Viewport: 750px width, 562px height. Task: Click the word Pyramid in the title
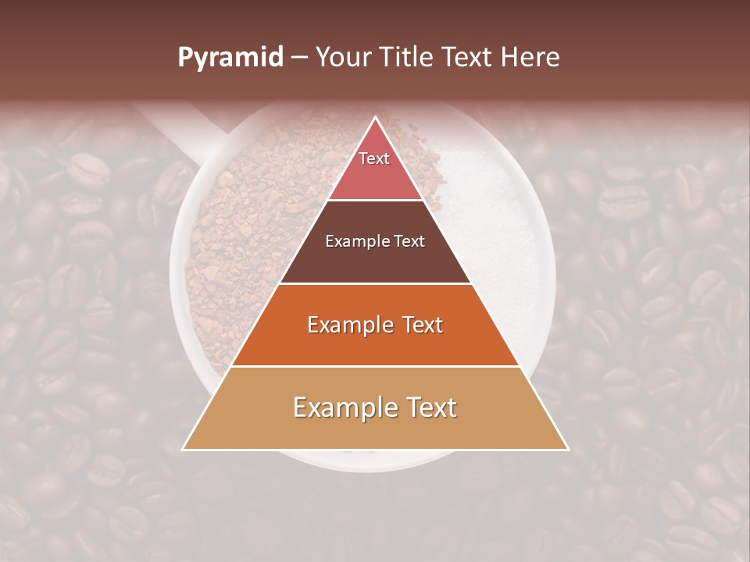(x=230, y=58)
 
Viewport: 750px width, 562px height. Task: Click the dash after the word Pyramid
(x=299, y=59)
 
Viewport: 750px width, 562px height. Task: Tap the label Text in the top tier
(x=374, y=158)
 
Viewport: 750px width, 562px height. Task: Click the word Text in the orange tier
(x=417, y=325)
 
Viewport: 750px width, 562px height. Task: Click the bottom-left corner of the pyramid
(x=184, y=449)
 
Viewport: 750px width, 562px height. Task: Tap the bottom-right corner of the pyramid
(x=567, y=449)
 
